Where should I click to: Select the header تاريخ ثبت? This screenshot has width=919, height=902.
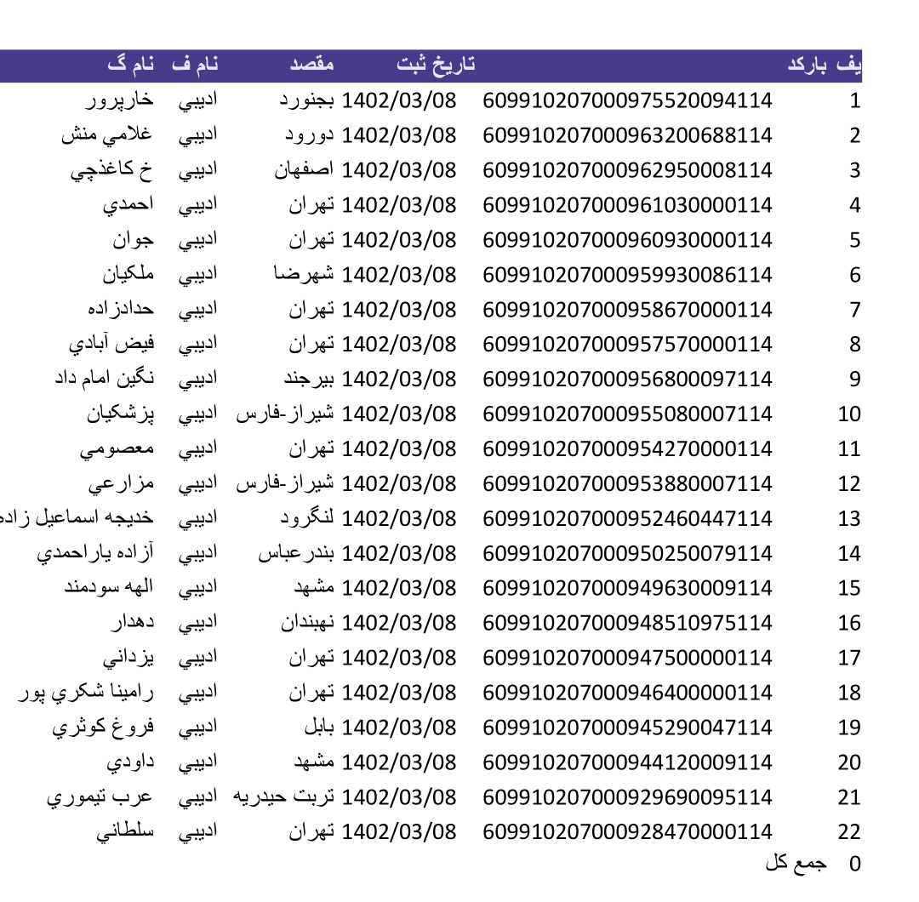point(436,65)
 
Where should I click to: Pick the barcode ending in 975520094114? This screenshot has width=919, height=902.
point(628,100)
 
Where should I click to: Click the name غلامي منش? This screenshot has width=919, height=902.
point(107,135)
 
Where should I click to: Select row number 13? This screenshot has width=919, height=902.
point(849,518)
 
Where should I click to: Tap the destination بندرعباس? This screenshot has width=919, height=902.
point(297,553)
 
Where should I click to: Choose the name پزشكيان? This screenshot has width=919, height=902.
point(120,414)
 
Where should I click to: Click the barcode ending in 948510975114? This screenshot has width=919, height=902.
point(628,623)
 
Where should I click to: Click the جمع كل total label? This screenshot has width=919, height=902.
point(796,863)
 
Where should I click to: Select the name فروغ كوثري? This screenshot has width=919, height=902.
point(102,728)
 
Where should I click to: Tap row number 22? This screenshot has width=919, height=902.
point(849,832)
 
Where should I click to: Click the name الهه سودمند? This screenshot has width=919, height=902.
point(109,588)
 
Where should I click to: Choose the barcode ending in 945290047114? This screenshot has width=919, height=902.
point(628,728)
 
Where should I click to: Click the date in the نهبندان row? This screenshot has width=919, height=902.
point(399,623)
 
